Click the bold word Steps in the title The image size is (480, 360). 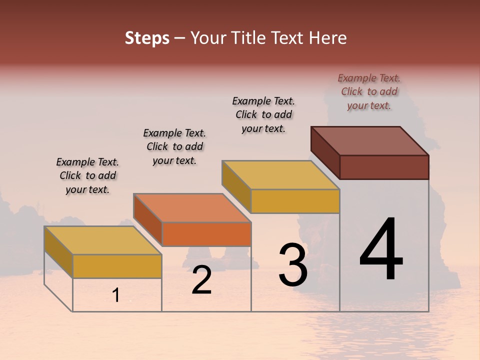[x=147, y=38]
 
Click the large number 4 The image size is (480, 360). [x=381, y=250]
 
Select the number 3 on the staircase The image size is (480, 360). [x=293, y=265]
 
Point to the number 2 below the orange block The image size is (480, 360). [x=202, y=280]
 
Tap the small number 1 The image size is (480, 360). [x=116, y=295]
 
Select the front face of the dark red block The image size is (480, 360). [x=384, y=167]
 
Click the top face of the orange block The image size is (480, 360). [x=192, y=207]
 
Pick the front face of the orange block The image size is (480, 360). [x=206, y=234]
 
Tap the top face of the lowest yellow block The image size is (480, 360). [x=102, y=240]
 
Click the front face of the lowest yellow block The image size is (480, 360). [x=117, y=266]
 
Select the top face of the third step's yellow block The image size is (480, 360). [x=281, y=175]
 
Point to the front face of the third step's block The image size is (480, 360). [x=295, y=201]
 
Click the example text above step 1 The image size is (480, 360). [x=87, y=175]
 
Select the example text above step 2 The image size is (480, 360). [x=174, y=146]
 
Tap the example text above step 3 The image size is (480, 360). [x=263, y=114]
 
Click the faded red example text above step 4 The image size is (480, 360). [x=369, y=91]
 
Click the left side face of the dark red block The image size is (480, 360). [x=325, y=152]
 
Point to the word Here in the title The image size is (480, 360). [x=328, y=38]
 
